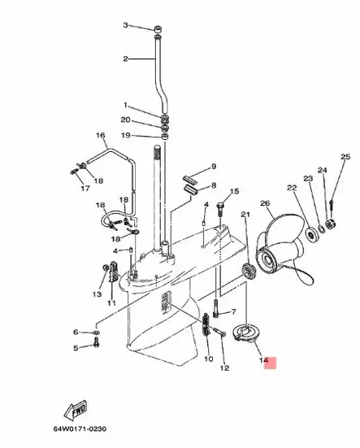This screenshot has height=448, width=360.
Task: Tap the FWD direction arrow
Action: click(76, 411)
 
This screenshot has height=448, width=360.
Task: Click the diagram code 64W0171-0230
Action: click(80, 428)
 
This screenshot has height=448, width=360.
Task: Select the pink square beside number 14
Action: click(270, 363)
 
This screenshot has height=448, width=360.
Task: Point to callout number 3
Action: click(126, 25)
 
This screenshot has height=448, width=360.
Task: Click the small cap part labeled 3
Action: click(158, 29)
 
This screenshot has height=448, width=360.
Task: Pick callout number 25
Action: click(345, 157)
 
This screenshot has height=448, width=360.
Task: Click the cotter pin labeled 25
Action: click(332, 205)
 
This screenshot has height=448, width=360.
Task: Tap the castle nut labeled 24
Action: click(332, 224)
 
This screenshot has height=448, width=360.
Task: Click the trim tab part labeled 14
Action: click(244, 333)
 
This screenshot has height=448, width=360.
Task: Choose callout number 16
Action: click(101, 135)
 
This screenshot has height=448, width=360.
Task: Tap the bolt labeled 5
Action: click(97, 342)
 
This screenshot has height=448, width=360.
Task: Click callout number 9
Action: click(214, 167)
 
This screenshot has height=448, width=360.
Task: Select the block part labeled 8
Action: click(190, 190)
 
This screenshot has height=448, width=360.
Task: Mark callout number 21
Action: click(245, 214)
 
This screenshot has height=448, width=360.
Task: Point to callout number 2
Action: click(126, 59)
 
